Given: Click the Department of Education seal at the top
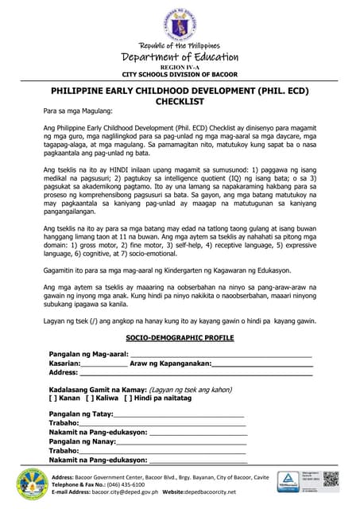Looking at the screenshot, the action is tap(180, 22).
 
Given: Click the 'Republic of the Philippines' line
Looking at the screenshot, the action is tap(180, 46).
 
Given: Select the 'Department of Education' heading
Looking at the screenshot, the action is tap(180, 57).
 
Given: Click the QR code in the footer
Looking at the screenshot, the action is tap(331, 481).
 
